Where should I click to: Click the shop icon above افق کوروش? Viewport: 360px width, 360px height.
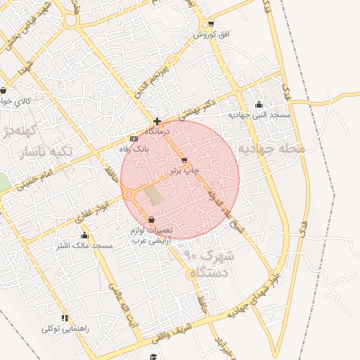(202, 25)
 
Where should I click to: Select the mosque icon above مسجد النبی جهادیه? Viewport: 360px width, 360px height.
(259, 104)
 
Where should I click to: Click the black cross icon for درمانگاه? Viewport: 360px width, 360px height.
(157, 121)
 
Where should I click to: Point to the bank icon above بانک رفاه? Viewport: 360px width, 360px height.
(134, 139)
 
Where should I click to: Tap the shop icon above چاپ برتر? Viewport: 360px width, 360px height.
(184, 160)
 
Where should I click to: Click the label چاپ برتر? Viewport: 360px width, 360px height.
(185, 170)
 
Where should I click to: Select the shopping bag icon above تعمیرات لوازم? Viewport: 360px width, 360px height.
(151, 220)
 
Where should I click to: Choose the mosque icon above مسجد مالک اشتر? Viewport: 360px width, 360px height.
(85, 236)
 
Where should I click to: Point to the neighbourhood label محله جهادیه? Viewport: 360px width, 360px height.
(272, 149)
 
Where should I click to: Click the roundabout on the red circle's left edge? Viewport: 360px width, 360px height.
(129, 195)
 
